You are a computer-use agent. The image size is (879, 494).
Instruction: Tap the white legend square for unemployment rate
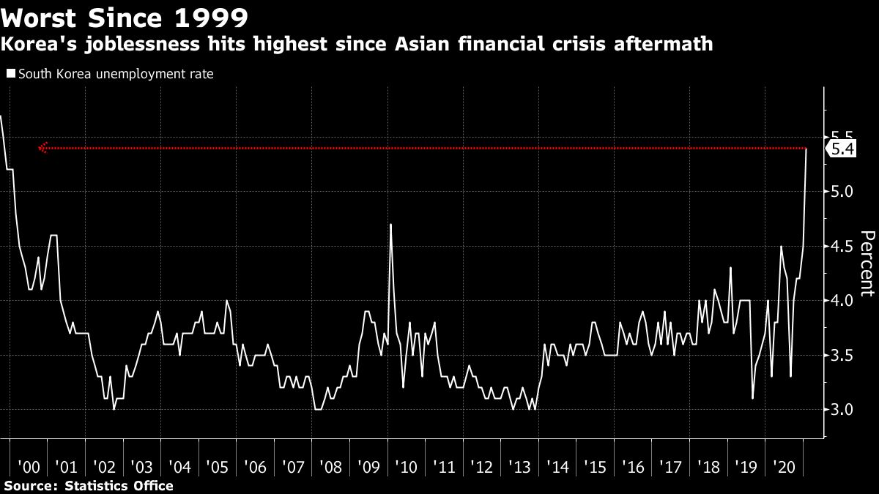coord(10,74)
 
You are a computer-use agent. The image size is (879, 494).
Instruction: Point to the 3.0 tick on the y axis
coord(842,410)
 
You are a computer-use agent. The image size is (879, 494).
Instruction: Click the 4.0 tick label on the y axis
coord(842,301)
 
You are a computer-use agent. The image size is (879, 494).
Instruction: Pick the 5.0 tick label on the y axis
coord(842,192)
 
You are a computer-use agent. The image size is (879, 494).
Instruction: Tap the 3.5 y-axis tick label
coord(842,356)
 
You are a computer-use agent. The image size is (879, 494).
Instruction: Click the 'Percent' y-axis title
coord(867,263)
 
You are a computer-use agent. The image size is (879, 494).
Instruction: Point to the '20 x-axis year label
coord(785,468)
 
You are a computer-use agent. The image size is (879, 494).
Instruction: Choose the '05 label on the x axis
coord(218,468)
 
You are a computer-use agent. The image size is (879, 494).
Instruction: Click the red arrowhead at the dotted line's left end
coord(42,149)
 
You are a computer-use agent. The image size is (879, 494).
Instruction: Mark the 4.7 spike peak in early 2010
coord(390,224)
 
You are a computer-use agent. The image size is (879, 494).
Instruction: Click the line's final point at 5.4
coord(806,149)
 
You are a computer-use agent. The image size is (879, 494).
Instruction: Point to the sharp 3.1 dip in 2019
coord(753,398)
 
